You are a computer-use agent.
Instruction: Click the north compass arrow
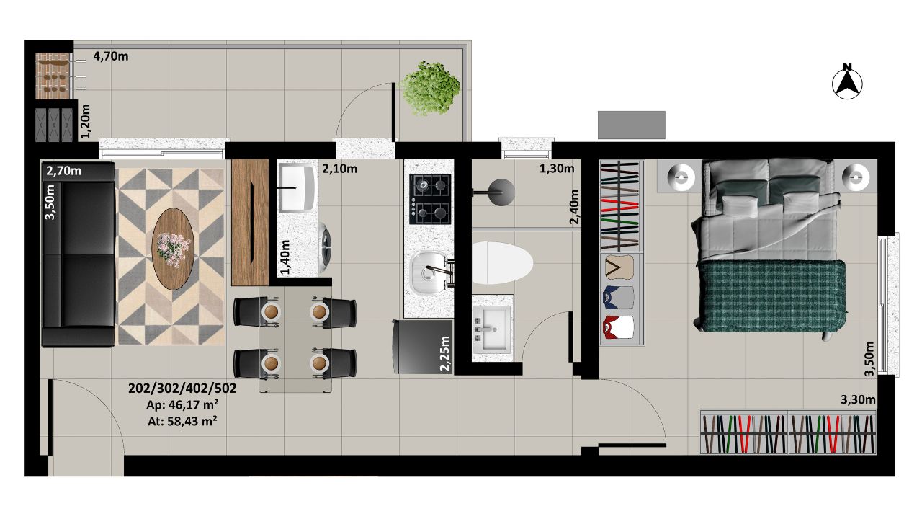point(847,85)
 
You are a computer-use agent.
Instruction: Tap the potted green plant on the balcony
point(430,88)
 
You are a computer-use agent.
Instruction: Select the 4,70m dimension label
point(111,56)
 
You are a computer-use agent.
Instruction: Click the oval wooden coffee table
point(173,249)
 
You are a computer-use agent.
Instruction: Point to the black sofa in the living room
point(79,254)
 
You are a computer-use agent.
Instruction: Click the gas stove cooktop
point(430,200)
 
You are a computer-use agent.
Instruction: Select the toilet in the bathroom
point(501,263)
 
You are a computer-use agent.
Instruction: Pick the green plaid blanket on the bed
point(771,296)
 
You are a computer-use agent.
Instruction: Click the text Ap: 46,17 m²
point(182,405)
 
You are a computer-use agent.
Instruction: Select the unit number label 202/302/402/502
point(182,388)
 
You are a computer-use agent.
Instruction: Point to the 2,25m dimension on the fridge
point(445,353)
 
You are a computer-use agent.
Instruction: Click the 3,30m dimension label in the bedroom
point(858,399)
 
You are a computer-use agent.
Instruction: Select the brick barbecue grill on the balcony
point(52,76)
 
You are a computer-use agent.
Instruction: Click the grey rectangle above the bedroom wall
point(632,125)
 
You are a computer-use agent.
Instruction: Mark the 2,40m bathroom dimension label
point(574,206)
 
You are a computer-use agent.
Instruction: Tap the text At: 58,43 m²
point(182,422)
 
